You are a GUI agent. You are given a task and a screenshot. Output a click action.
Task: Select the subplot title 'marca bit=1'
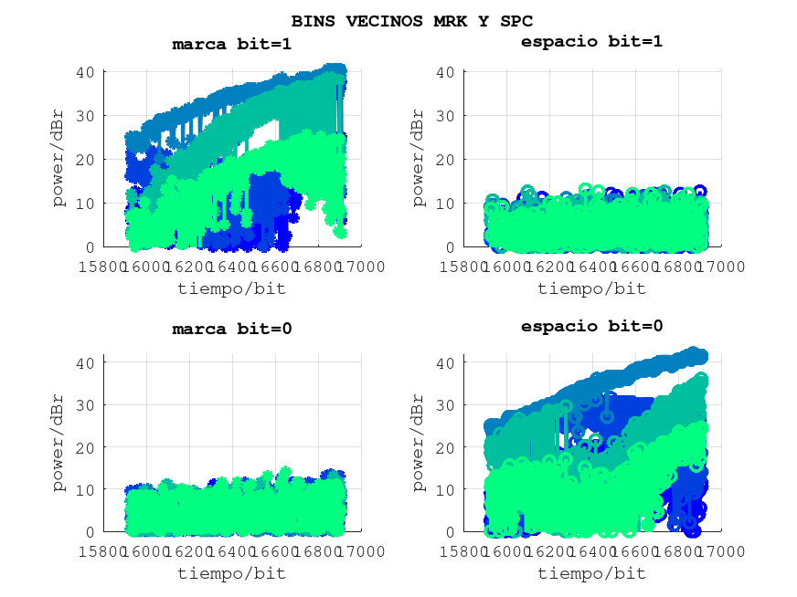point(231,44)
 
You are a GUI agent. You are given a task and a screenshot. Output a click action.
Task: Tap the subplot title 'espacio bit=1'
point(591,41)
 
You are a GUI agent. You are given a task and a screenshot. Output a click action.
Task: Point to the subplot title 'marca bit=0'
point(231,329)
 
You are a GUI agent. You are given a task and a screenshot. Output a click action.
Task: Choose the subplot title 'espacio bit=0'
point(591,326)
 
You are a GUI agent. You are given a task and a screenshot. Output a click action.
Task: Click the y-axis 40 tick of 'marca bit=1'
point(87,72)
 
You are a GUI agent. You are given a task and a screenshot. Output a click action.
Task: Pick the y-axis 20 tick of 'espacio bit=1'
point(448,160)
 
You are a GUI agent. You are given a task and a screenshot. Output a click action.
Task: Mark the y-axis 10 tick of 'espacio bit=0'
point(448,488)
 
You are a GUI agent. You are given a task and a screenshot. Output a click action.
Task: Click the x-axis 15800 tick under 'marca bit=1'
point(103,267)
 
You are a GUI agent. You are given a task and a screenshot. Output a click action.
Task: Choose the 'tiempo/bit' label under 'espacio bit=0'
point(591,573)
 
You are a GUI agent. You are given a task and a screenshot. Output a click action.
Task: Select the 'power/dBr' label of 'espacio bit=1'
point(419,160)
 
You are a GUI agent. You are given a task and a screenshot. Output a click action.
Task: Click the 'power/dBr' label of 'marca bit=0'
point(58,445)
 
